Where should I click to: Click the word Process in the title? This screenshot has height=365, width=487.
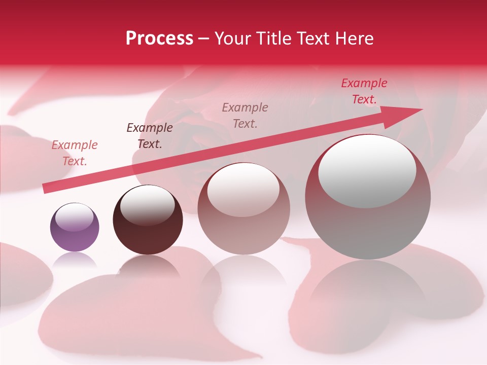(159, 39)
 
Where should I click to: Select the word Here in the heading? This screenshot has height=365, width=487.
(355, 39)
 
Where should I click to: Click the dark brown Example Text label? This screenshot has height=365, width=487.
(149, 136)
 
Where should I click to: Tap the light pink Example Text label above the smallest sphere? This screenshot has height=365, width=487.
(74, 153)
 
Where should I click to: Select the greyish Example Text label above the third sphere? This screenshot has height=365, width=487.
(245, 115)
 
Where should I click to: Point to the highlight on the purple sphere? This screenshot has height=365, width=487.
(75, 217)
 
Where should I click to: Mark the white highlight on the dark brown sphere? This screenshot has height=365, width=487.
(147, 205)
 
